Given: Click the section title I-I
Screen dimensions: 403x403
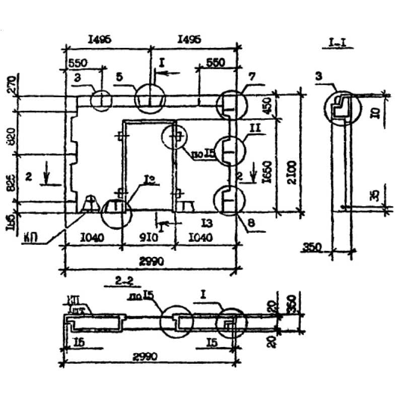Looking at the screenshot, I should (337, 44).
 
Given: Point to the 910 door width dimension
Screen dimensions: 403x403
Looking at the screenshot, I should (148, 237).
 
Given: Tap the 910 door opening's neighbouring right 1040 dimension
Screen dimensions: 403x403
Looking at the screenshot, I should (201, 237).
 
